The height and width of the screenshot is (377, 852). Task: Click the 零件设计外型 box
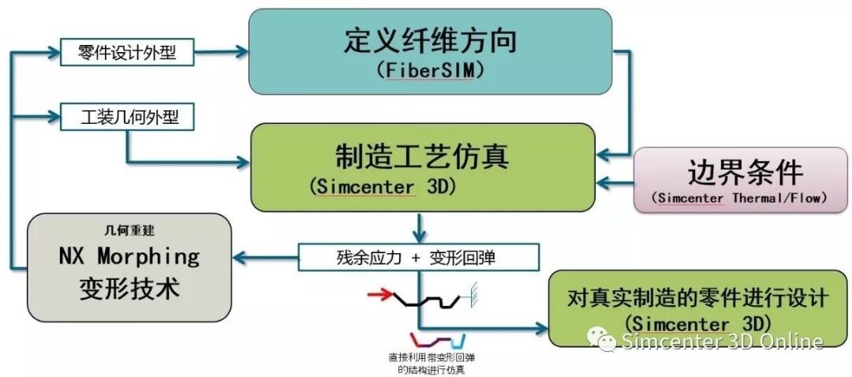pos(126,54)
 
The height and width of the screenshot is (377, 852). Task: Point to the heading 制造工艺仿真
pos(422,156)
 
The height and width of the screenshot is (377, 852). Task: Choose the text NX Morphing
pos(129,256)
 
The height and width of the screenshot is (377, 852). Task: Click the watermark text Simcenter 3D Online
pos(722,342)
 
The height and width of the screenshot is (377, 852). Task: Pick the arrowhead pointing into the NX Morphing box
pos(240,257)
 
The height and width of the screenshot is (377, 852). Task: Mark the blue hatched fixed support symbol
pos(476,290)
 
